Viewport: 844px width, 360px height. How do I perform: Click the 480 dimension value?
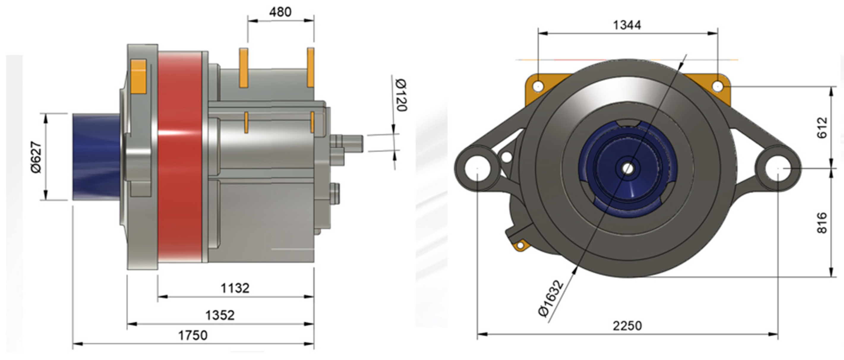280,12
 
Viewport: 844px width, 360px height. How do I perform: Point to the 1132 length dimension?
235,288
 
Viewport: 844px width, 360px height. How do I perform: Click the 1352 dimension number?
220,315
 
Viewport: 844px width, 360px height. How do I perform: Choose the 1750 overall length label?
193,335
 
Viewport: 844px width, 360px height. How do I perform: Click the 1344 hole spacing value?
627,25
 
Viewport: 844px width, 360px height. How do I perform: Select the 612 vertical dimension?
822,128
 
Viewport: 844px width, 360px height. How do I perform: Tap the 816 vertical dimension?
822,223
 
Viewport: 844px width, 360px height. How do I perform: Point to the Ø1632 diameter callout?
551,298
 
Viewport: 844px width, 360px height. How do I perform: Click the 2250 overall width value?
627,326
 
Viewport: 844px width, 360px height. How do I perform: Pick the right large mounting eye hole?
778,168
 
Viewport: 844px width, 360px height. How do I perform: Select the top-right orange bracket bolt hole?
717,86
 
